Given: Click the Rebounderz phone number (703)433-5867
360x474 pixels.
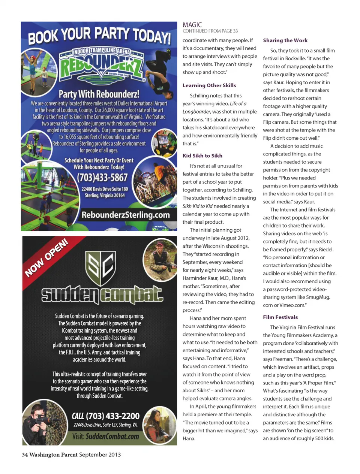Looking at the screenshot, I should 102,177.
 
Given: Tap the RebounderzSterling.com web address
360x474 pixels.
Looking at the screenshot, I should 126,215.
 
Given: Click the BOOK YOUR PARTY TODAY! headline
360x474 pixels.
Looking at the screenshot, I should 99,36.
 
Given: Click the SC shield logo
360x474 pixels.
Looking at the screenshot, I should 100,268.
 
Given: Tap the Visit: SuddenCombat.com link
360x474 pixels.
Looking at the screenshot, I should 105,436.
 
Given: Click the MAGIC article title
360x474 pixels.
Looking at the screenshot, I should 192,25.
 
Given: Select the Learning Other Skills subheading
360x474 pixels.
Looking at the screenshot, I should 209,85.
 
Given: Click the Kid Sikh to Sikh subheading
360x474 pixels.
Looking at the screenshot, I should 202,156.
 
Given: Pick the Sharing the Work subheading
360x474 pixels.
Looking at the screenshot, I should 285,40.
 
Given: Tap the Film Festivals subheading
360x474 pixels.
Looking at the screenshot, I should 280,317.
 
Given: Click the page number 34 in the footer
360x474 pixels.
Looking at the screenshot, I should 25,455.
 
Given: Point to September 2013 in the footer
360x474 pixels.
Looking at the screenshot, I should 100,455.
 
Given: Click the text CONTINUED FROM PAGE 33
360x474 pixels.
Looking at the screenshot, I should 210,31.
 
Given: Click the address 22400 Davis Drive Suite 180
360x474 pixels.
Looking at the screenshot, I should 105,189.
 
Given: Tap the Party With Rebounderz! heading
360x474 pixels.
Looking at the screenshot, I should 99,94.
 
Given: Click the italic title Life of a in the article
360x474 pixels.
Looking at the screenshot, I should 238,104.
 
